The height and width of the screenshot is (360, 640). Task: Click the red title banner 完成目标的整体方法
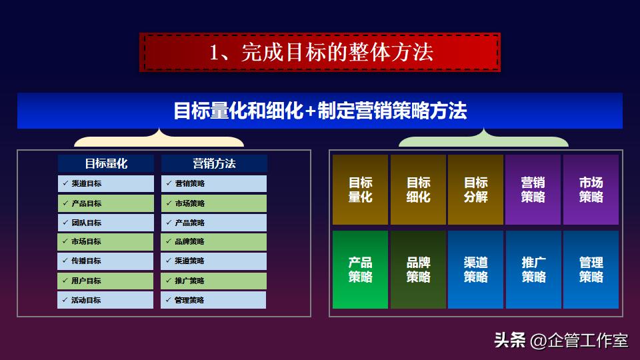(320, 53)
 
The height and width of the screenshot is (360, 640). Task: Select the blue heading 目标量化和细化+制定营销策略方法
(320, 111)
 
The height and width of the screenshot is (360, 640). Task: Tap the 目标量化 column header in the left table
(105, 163)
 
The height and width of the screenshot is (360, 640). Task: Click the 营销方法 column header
(214, 163)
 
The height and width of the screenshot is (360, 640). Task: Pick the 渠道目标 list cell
(105, 183)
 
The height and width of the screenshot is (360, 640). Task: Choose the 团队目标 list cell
(105, 223)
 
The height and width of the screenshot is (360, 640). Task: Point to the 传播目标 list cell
(105, 261)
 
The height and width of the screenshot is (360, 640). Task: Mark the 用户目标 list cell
(105, 281)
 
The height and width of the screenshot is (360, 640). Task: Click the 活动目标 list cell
(105, 300)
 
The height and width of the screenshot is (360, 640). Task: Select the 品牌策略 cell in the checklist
(214, 242)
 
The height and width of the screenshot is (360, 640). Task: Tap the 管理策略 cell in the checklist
(214, 300)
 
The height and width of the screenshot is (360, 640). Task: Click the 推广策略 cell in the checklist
(214, 281)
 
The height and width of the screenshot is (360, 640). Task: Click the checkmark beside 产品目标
(65, 203)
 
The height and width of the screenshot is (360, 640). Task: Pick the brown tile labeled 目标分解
(475, 189)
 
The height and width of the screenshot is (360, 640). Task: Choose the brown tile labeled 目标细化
(418, 189)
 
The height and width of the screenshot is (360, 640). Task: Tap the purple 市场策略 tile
(591, 189)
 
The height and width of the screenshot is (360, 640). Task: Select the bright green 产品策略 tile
(360, 269)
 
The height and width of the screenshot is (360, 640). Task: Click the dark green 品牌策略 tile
(418, 269)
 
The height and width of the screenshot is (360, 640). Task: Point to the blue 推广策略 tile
(533, 269)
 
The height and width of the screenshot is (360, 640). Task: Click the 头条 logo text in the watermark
(510, 341)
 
